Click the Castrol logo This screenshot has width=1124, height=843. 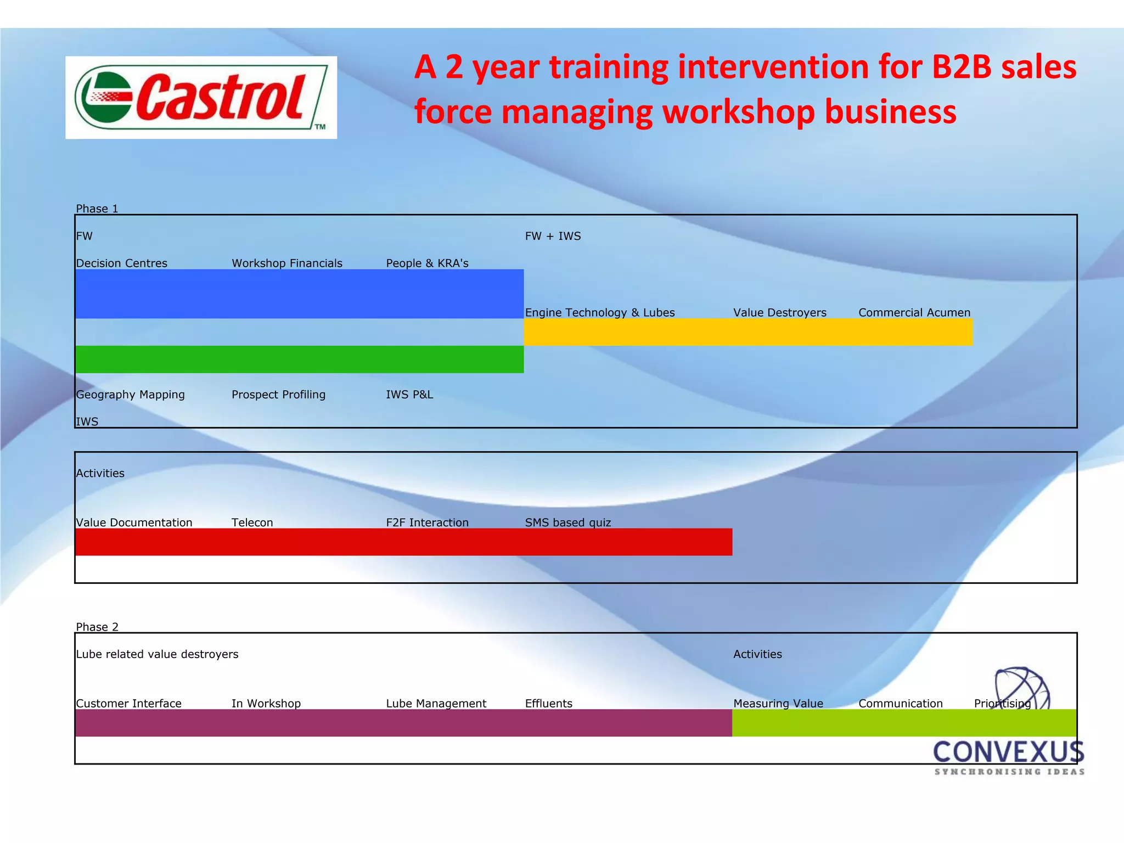point(201,97)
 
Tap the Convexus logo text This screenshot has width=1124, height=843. point(1009,752)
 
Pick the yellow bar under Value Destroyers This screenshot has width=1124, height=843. point(779,332)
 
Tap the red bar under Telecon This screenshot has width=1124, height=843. point(252,542)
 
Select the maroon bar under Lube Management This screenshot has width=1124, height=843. point(436,723)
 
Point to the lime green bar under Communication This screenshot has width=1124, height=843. point(901,723)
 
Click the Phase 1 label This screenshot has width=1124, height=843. point(97,209)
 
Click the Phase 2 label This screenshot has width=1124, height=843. point(97,627)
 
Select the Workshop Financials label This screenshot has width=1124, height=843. point(287,263)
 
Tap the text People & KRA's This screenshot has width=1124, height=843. point(427,263)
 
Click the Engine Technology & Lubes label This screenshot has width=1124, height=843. point(600,313)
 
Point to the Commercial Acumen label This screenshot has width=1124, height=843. point(914,313)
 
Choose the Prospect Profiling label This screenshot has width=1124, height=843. point(278,395)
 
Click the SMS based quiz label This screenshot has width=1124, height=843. point(568,522)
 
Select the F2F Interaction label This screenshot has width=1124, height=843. point(427,522)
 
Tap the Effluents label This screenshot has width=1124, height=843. point(548,704)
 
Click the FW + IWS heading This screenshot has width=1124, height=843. point(553,236)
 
